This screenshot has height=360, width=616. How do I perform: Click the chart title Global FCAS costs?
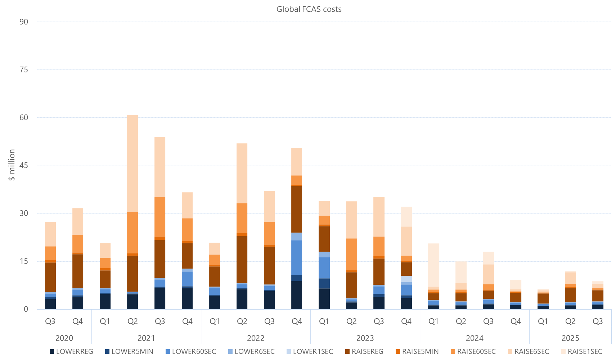click(x=309, y=9)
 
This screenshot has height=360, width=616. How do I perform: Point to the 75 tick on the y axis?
click(x=24, y=70)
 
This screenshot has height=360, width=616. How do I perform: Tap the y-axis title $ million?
click(x=12, y=165)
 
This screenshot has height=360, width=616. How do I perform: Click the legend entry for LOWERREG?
click(x=71, y=352)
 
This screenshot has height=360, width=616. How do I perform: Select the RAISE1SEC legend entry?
click(x=581, y=352)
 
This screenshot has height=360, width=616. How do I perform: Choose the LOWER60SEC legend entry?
click(x=191, y=352)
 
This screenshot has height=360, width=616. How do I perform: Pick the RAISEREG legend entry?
click(x=364, y=352)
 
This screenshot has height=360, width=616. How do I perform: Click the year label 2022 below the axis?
click(x=256, y=338)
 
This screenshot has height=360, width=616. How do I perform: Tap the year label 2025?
click(x=570, y=338)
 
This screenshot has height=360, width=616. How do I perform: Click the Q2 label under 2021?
click(x=132, y=321)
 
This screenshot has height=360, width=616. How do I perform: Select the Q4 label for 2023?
click(x=406, y=321)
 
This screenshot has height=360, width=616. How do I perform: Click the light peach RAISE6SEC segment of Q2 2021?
click(x=132, y=163)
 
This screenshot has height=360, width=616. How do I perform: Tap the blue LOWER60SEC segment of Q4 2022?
click(x=297, y=257)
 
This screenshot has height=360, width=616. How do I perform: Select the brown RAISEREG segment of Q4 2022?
click(x=297, y=209)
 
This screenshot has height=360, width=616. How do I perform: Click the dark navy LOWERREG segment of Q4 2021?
click(x=187, y=299)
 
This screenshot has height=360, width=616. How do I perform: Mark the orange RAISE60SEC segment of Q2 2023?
click(x=351, y=254)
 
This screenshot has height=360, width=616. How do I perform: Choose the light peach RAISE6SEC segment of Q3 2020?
click(x=50, y=234)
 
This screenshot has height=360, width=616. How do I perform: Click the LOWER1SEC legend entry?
click(x=310, y=352)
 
